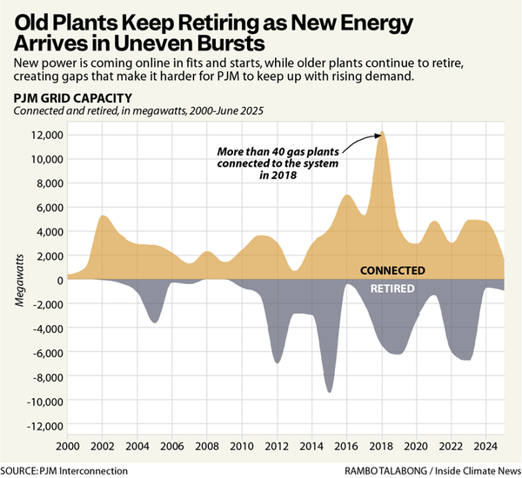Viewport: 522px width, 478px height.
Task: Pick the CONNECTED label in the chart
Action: click(x=392, y=270)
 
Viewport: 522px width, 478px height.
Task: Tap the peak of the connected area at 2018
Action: click(x=381, y=133)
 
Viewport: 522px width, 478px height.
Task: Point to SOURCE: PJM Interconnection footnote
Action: click(x=64, y=470)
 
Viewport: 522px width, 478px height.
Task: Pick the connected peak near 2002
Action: click(x=104, y=216)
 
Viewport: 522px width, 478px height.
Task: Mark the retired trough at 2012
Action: click(x=278, y=362)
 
